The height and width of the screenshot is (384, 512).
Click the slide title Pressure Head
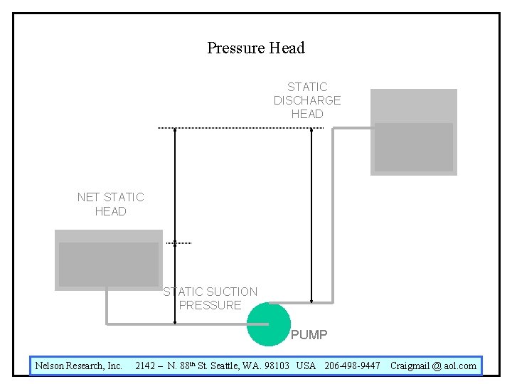256,48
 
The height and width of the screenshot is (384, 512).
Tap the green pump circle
268,325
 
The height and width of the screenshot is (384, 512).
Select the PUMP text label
309,334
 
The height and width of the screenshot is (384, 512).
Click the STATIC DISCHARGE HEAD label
307,100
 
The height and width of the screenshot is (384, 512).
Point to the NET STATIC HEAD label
110,204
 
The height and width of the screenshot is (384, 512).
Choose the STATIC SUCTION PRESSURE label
210,298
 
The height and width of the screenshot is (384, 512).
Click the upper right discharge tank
414,132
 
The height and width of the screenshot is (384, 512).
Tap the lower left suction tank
109,260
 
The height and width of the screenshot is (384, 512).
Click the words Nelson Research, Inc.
79,366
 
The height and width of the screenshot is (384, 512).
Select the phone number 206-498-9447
352,366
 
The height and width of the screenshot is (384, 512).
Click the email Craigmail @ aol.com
433,366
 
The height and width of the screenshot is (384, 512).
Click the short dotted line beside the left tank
179,243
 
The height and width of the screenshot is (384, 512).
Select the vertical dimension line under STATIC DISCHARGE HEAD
311,213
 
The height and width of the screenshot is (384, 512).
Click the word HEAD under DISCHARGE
307,114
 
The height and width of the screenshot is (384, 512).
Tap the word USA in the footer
306,366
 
